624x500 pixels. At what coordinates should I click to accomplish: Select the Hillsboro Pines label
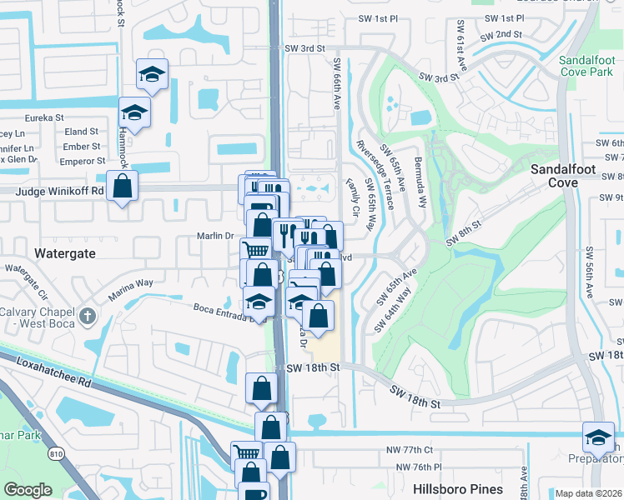[x=457, y=489]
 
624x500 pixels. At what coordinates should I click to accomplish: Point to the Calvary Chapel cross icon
[x=89, y=317]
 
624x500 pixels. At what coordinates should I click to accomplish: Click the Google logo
[x=28, y=490]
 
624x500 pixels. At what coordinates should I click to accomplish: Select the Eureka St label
[x=43, y=118]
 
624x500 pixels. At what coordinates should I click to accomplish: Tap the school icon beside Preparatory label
[x=598, y=437]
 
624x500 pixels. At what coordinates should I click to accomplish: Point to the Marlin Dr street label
[x=214, y=236]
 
